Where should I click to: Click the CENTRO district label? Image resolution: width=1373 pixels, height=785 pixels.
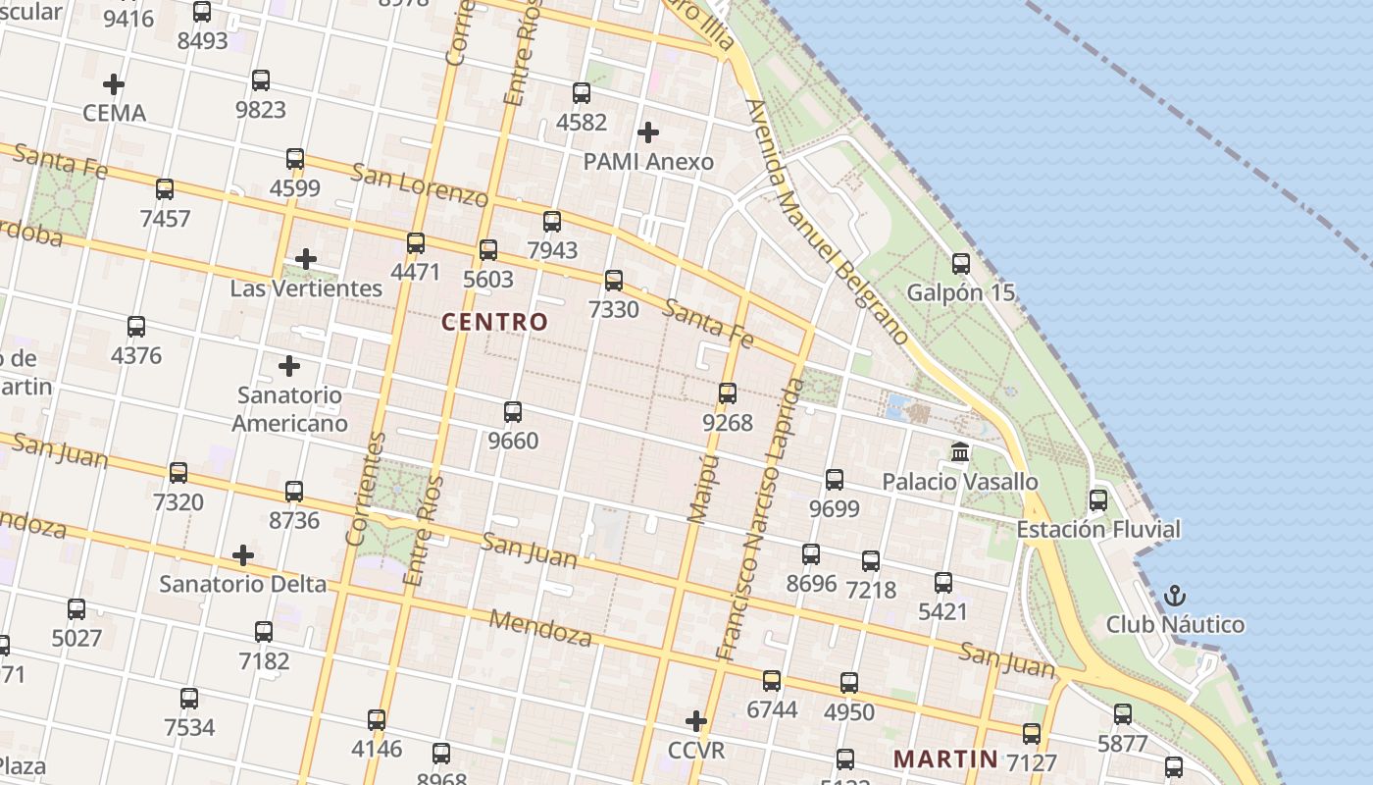[x=494, y=322]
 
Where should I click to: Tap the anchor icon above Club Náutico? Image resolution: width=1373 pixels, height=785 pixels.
[x=1174, y=596]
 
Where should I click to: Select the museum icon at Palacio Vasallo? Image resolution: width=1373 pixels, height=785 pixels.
[x=960, y=452]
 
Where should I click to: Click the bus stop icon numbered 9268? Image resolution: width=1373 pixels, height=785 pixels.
[x=727, y=393]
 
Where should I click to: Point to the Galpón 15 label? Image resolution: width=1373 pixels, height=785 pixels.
[x=960, y=292]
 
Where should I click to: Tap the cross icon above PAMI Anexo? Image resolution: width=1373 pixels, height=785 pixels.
[x=647, y=132]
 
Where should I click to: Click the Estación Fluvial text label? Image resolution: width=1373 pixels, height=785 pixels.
[x=1098, y=530]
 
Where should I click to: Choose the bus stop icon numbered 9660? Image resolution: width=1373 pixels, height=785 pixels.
[x=512, y=412]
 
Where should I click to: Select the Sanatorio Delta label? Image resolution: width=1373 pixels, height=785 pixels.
[x=243, y=584]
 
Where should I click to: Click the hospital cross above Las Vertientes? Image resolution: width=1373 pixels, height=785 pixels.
[x=306, y=259]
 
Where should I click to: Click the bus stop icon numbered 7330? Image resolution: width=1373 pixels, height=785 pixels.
[x=614, y=281]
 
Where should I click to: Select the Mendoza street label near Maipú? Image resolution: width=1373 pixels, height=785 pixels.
[x=540, y=628]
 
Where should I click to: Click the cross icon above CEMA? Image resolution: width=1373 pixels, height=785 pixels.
[x=114, y=84]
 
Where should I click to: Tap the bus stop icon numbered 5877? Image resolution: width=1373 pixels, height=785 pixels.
[x=1123, y=714]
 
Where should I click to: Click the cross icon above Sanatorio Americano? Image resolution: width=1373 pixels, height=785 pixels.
[x=288, y=366]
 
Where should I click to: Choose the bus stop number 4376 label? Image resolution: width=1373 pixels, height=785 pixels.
[x=136, y=355]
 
